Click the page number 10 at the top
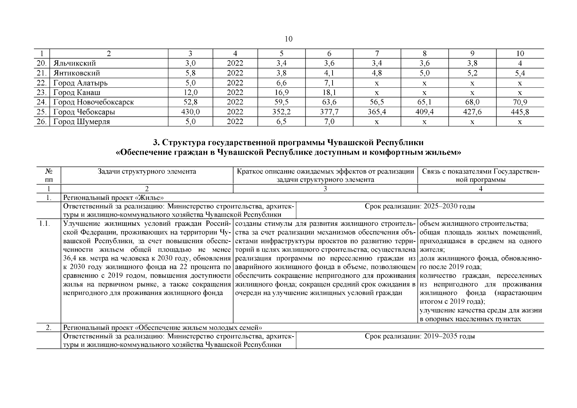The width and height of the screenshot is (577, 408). pyautogui.click(x=288, y=39)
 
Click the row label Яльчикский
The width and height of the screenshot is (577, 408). pyautogui.click(x=74, y=63)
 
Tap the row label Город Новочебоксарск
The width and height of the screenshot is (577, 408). pyautogui.click(x=94, y=102)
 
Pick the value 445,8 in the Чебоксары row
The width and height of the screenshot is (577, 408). pyautogui.click(x=520, y=112)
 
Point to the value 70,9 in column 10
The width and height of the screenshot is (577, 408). pyautogui.click(x=520, y=102)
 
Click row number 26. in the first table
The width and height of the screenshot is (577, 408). pyautogui.click(x=41, y=122)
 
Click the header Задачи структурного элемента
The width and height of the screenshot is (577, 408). pyautogui.click(x=147, y=172)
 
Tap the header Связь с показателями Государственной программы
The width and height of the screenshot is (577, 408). pyautogui.click(x=480, y=175)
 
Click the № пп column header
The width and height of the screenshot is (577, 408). pyautogui.click(x=49, y=175)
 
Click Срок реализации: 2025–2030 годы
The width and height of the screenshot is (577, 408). pyautogui.click(x=420, y=206)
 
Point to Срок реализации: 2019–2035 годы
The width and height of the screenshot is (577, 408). pyautogui.click(x=420, y=336)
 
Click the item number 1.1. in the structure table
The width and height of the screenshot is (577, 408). pyautogui.click(x=45, y=224)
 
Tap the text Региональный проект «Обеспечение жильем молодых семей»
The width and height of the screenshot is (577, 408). pyautogui.click(x=163, y=328)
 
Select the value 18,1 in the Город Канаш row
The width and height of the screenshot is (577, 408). pyautogui.click(x=329, y=92)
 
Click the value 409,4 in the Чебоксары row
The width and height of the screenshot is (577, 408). pyautogui.click(x=424, y=112)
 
